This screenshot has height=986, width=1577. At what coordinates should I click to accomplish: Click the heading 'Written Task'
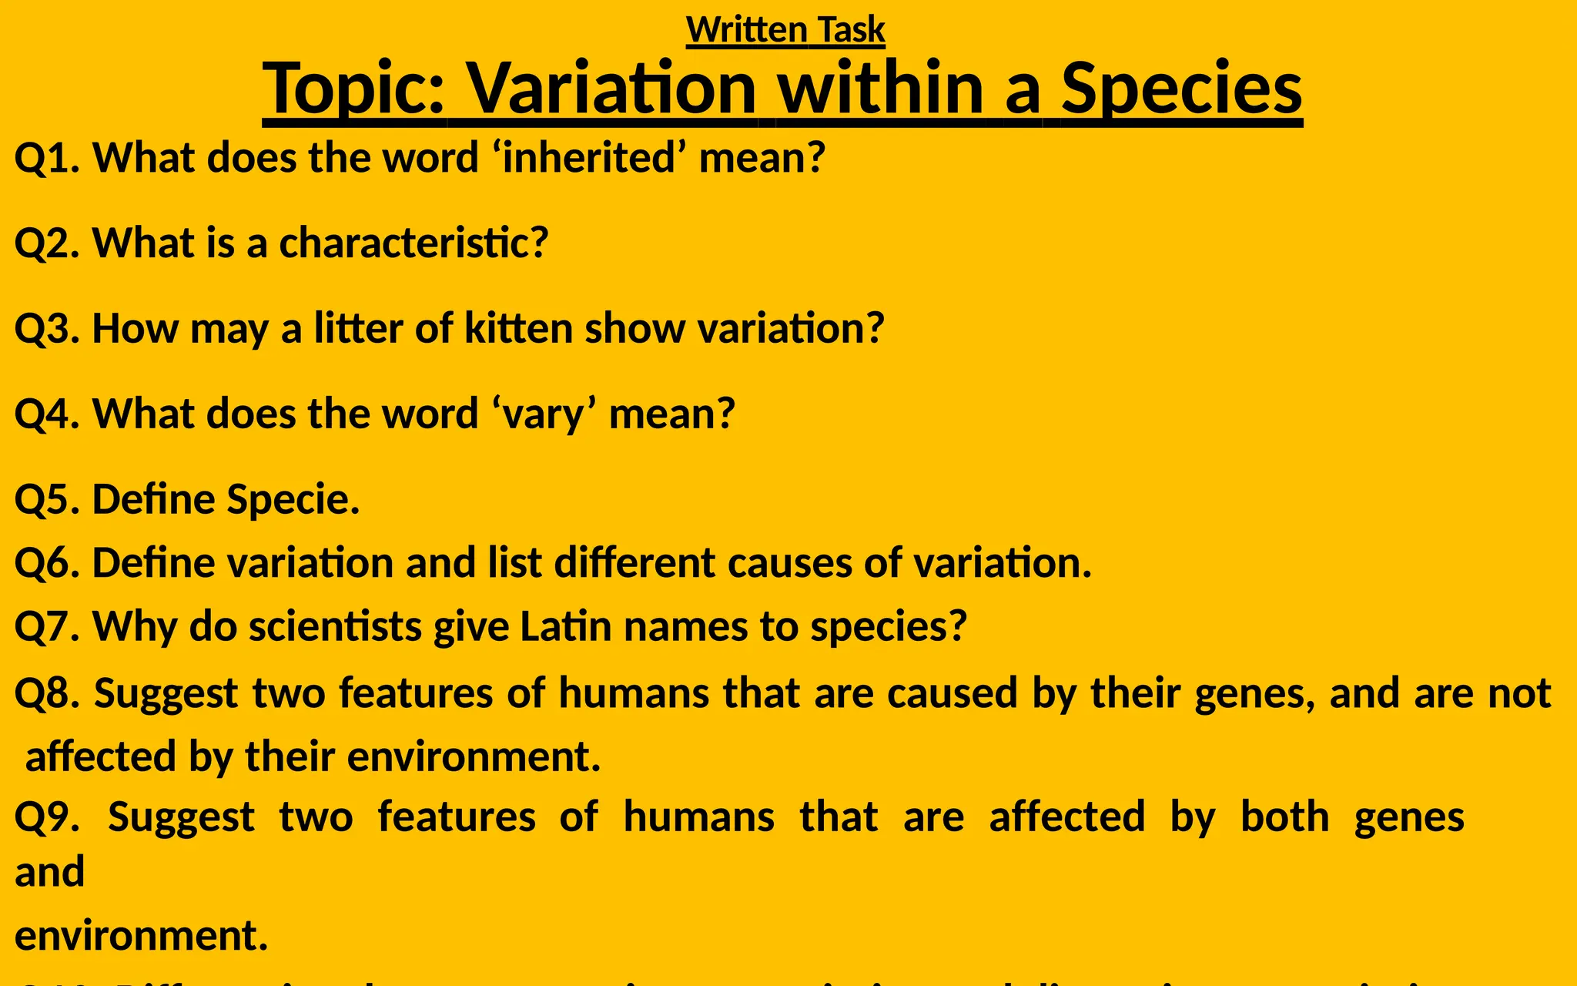pyautogui.click(x=785, y=30)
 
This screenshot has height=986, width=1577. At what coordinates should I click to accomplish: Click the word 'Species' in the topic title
pyautogui.click(x=1181, y=89)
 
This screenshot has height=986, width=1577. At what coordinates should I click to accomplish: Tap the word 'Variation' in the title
pyautogui.click(x=612, y=89)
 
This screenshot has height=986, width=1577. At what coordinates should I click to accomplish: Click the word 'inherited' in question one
pyautogui.click(x=589, y=158)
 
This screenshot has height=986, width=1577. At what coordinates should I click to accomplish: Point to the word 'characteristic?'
pyautogui.click(x=414, y=243)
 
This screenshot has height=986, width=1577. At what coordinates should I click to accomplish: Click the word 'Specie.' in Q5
pyautogui.click(x=293, y=500)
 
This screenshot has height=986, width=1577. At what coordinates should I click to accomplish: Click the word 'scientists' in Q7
pyautogui.click(x=335, y=626)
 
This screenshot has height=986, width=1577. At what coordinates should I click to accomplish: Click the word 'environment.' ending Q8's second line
pyautogui.click(x=474, y=756)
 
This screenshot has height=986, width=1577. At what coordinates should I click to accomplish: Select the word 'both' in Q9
pyautogui.click(x=1284, y=817)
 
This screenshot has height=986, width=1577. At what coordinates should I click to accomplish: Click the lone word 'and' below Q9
pyautogui.click(x=49, y=873)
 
